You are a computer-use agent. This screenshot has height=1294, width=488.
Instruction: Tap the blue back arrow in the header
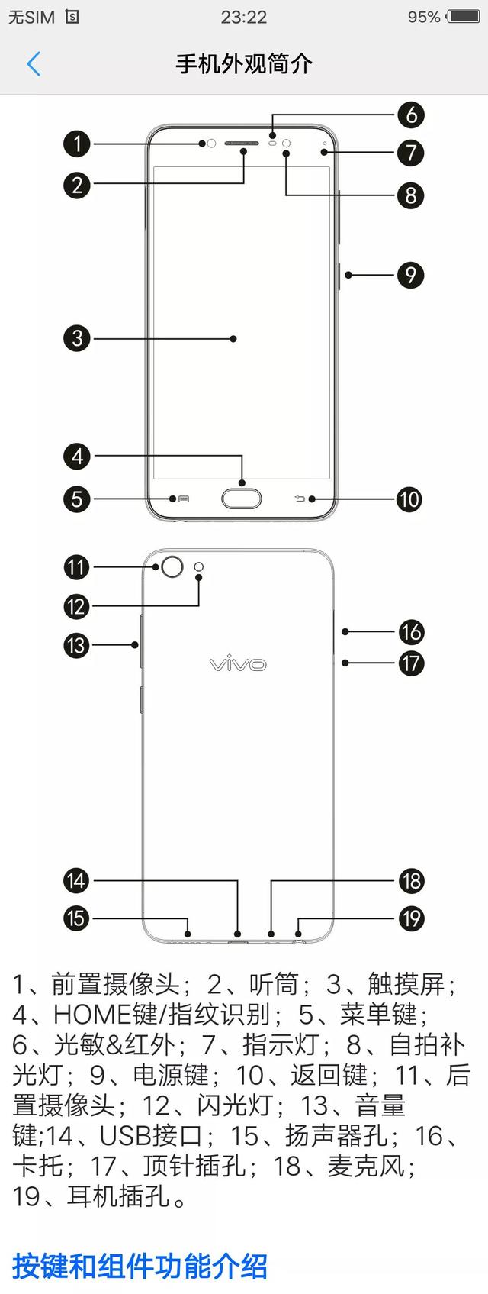tap(34, 64)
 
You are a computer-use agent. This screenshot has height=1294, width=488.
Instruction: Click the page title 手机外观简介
tap(244, 64)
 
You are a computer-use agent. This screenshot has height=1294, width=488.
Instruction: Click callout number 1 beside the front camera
tap(77, 144)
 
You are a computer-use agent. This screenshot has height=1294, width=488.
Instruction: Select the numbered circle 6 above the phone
tap(411, 115)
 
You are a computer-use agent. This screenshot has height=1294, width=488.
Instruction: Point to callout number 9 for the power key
tap(411, 275)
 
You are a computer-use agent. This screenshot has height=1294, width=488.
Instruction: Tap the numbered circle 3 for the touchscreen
tap(77, 338)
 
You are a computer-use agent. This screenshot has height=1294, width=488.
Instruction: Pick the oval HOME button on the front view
tap(242, 499)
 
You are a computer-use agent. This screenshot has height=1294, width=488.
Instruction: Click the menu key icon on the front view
tap(183, 499)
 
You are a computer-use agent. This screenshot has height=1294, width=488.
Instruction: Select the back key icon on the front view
tap(300, 499)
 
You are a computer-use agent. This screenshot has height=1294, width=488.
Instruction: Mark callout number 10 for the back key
tap(409, 499)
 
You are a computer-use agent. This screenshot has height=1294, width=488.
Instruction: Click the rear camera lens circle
tap(173, 566)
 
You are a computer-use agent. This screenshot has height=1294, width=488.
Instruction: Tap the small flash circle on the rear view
tap(200, 566)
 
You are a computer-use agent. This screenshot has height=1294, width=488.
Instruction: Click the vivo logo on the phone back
tap(238, 663)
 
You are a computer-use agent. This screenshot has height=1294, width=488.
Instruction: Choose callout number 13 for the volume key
tap(77, 645)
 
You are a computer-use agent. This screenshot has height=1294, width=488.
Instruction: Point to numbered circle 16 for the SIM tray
tap(411, 632)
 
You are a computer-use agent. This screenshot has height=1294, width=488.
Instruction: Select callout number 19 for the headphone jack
tap(411, 918)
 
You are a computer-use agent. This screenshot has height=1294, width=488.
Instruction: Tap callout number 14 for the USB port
tap(77, 880)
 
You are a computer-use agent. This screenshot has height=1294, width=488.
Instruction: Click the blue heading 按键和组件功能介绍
tap(140, 1266)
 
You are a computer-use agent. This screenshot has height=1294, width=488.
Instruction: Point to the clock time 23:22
tap(244, 17)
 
